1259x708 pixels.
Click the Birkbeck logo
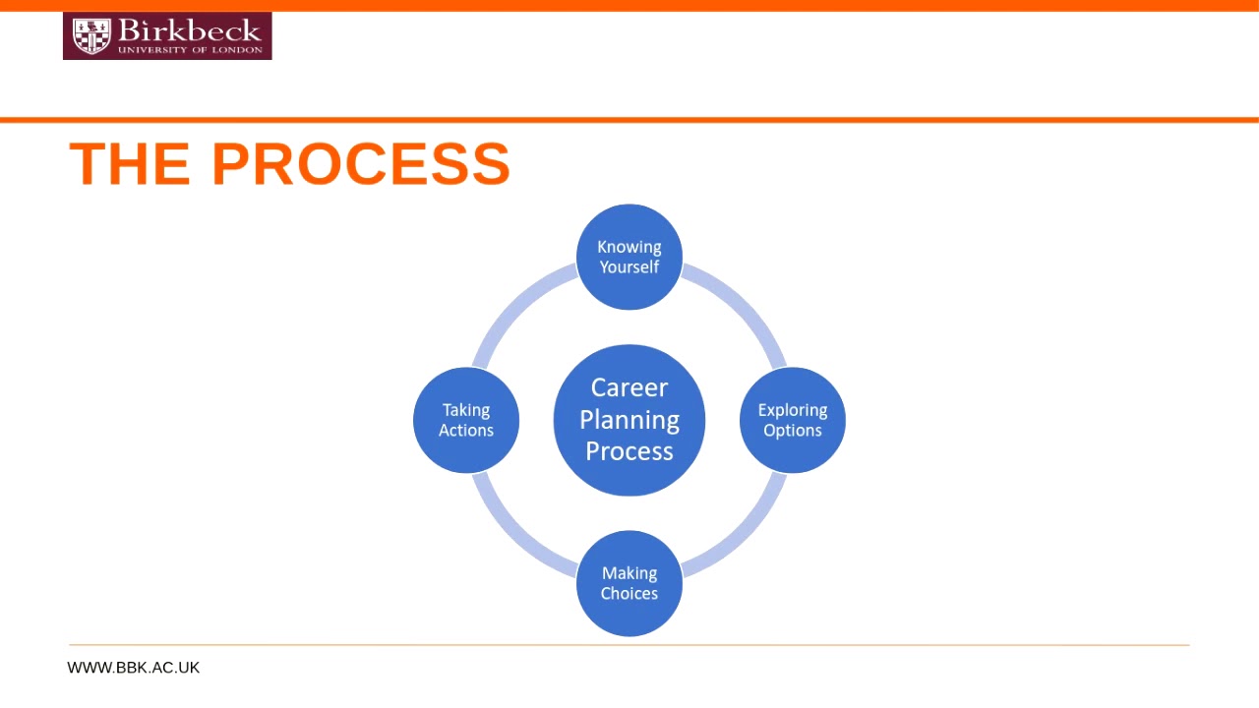[x=167, y=36]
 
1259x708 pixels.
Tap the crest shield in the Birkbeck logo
[x=91, y=36]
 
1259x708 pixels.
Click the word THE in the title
[x=130, y=163]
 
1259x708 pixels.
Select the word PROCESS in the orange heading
[x=361, y=163]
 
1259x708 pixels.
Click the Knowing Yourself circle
[x=629, y=257]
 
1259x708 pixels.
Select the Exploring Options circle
[x=793, y=420]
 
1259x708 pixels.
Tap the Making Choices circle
[x=629, y=583]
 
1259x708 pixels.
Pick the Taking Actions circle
[x=466, y=420]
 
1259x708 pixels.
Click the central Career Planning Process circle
[x=629, y=420]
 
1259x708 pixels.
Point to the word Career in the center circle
[x=629, y=387]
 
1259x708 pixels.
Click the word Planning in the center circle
[x=629, y=420]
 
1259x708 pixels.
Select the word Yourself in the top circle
[x=629, y=267]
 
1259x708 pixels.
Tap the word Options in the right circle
[x=793, y=431]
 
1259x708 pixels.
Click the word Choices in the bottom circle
[x=629, y=594]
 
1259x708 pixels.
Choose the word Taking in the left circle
[x=466, y=410]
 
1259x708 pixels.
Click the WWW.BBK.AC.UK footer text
[x=134, y=668]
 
